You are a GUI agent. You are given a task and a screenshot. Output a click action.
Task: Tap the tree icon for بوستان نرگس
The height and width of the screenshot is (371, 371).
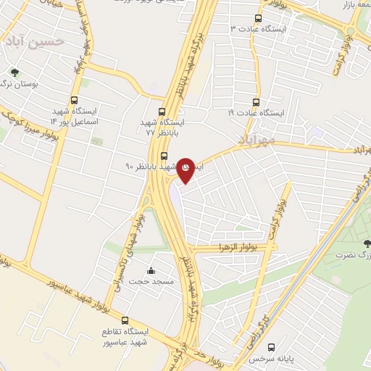tap(14, 72)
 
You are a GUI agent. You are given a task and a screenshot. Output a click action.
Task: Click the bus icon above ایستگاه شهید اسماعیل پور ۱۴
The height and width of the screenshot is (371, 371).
tap(74, 101)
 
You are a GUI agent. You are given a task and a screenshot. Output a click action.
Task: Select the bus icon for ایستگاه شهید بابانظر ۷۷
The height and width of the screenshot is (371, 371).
tap(162, 112)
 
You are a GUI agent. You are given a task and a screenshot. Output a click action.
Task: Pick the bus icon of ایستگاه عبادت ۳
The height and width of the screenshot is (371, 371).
tap(258, 18)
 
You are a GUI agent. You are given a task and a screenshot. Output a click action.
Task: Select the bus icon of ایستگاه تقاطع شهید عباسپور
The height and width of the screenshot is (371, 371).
tap(125, 320)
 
